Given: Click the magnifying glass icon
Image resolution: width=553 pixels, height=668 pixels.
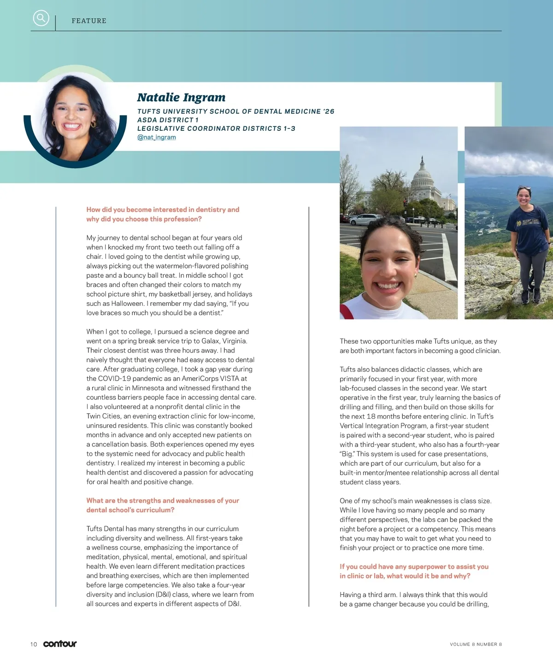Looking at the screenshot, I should [41, 18].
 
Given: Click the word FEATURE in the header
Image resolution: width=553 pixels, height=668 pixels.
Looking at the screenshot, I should [89, 21].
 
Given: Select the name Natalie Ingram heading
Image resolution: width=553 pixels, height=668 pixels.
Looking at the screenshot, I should [181, 97].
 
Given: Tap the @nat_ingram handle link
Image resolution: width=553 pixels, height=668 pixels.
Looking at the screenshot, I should [156, 137].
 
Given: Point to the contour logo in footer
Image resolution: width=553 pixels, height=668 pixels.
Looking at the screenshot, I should [60, 644].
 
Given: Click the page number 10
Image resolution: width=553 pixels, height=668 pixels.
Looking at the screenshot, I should [34, 644].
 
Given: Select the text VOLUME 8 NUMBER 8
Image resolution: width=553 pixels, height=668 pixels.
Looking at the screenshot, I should [476, 644].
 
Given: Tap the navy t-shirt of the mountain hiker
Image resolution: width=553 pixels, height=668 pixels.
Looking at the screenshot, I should [526, 230].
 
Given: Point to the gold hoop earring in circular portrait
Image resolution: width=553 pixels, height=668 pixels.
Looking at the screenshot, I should [94, 124].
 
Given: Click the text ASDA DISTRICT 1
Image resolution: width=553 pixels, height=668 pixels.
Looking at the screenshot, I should [168, 120].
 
